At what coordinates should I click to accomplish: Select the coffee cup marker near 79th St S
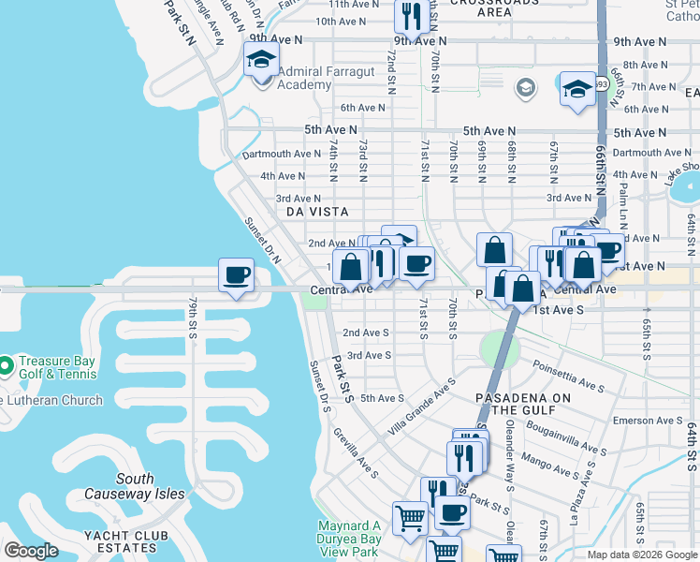[236, 275]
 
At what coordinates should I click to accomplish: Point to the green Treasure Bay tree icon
[4, 363]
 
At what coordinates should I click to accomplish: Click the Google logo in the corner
[31, 551]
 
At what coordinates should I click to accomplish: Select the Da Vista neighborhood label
[317, 213]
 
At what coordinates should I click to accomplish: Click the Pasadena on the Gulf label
[522, 404]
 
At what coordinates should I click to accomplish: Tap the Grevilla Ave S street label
[356, 452]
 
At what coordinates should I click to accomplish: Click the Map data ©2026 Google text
[641, 555]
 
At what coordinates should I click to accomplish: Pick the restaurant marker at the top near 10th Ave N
[410, 15]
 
